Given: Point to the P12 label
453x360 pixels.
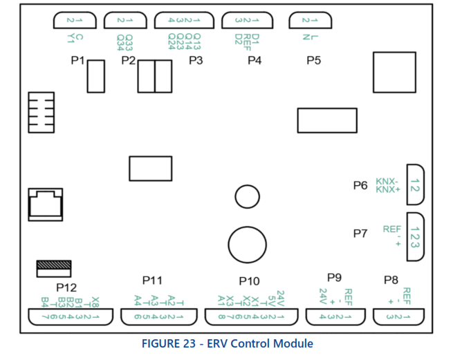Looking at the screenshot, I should pos(66,287).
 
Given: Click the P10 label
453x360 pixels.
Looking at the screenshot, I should pos(249,281).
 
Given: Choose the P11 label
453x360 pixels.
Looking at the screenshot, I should pos(152,280).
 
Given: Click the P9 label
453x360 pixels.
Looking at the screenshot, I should pos(335,277).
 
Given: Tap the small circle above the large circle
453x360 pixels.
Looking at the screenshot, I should pos(246,197).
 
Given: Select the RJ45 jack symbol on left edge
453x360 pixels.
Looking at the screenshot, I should pos(44,205).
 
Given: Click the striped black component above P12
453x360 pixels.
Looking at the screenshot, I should pos(53,265).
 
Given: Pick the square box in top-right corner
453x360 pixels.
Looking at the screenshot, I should pos(393,71).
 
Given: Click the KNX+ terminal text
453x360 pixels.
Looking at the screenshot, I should pos(388,189).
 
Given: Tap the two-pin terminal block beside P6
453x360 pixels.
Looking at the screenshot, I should pos(415,184).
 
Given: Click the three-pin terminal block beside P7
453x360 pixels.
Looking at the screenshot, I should pos(415,236).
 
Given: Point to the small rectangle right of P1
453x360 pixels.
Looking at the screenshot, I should pos(95,75).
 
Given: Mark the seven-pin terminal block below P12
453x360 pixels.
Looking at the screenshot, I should pos(66,316).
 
